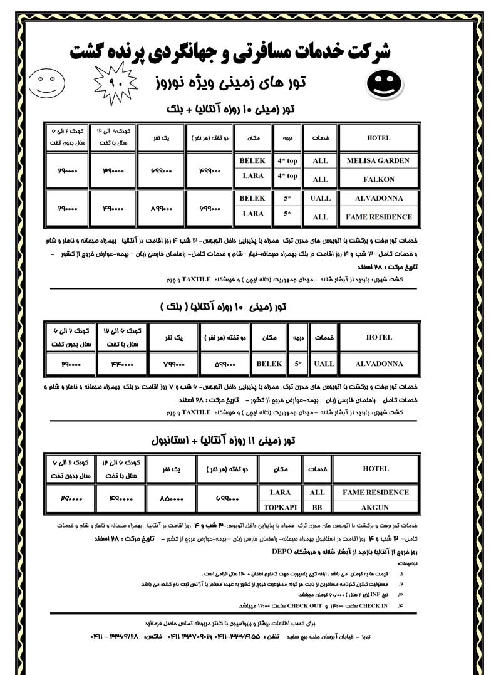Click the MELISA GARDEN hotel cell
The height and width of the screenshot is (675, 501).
point(378,160)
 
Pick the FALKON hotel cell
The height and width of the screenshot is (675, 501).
point(378,179)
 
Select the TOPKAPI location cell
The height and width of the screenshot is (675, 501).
point(280,507)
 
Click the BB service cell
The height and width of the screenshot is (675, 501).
point(318,507)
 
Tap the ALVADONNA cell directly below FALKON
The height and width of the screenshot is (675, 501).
point(378,198)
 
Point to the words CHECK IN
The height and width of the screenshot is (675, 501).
point(374,605)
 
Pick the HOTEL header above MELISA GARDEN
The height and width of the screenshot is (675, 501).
point(378,138)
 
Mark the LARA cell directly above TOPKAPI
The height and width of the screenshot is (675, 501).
point(280,493)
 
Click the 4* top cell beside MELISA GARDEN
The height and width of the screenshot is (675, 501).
point(287,160)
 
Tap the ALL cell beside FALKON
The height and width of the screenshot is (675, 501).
point(320,179)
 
